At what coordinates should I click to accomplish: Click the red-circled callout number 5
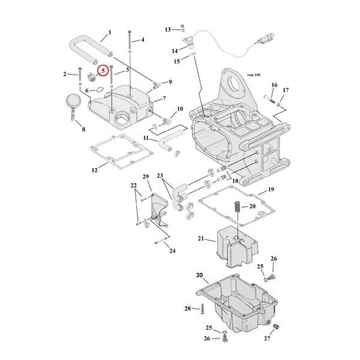point(103,71)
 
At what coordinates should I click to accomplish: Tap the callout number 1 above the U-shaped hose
point(110,32)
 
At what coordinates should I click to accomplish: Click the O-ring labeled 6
point(100,89)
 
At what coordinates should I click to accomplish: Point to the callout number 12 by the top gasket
point(95,170)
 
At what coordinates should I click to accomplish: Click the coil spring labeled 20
point(237,206)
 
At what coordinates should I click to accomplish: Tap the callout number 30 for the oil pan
point(199,275)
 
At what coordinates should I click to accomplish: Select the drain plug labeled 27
point(276,326)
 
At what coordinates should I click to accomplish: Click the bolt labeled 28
point(202,308)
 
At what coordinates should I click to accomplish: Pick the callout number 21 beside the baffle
point(201,239)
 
